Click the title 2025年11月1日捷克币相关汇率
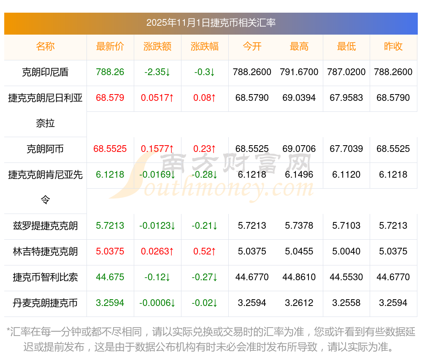[211, 23]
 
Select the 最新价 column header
[110, 47]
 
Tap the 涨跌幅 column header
[205, 47]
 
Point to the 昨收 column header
[393, 47]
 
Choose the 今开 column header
[252, 47]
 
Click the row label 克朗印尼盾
[45, 72]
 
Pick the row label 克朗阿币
[45, 149]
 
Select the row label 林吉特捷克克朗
[45, 252]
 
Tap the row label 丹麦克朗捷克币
[45, 303]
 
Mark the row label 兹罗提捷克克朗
[45, 226]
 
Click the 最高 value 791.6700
[299, 72]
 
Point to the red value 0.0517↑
[157, 98]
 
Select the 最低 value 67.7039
[346, 149]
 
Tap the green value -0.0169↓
[157, 174]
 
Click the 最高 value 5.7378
[299, 226]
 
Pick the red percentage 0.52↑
[205, 252]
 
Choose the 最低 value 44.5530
[346, 277]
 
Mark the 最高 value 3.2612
[299, 303]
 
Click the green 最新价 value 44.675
[110, 277]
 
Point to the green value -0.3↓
[205, 72]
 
